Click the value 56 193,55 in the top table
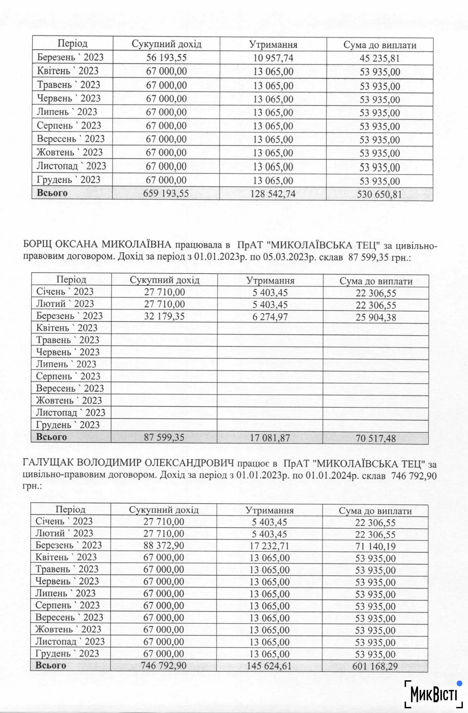tap(166, 58)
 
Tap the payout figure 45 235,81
tap(380, 58)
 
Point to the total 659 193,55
tap(166, 193)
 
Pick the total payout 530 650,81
tap(379, 194)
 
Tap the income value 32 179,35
tap(164, 316)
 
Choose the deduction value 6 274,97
tap(270, 317)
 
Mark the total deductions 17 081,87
tap(270, 438)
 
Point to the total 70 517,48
tap(376, 439)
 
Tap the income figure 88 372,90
tap(164, 545)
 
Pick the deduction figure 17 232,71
tap(269, 546)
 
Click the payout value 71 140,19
tap(375, 546)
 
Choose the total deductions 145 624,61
tap(269, 666)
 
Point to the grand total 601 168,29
tap(375, 666)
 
